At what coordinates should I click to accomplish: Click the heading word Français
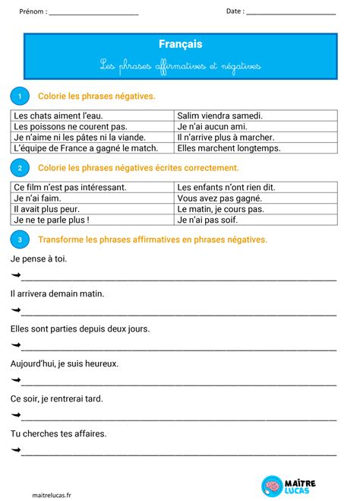pos(181,45)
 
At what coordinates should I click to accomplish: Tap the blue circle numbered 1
pos(19,96)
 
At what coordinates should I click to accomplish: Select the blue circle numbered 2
pos(19,167)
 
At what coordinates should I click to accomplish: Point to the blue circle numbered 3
pos(19,239)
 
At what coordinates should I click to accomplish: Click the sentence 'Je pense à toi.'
pos(39,259)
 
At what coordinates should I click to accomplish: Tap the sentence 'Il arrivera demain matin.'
pos(58,293)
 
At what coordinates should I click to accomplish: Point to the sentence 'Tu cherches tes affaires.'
pos(58,433)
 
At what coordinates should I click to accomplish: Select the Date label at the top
pos(235,11)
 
